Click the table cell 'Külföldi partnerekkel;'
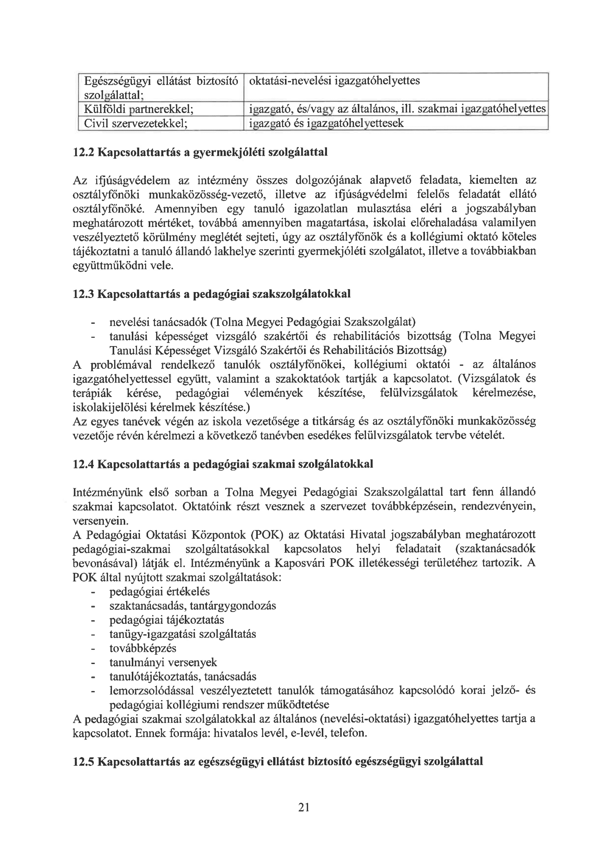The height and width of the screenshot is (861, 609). [x=139, y=109]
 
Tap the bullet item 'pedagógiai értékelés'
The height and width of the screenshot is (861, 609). [x=159, y=592]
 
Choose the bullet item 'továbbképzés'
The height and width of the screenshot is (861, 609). [x=142, y=649]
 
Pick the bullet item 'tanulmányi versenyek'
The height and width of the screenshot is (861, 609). [x=163, y=663]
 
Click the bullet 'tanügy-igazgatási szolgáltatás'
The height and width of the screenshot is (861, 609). [x=183, y=634]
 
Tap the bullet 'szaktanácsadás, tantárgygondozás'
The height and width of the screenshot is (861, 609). [x=192, y=606]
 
